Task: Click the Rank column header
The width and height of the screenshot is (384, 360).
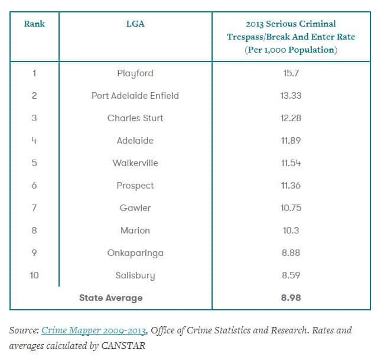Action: click(34, 24)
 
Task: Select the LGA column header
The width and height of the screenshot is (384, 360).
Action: click(135, 24)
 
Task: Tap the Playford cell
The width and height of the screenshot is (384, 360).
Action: click(135, 73)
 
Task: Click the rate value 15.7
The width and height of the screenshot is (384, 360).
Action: click(291, 73)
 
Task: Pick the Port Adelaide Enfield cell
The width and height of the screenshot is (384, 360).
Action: click(135, 96)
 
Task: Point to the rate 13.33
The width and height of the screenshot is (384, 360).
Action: click(291, 96)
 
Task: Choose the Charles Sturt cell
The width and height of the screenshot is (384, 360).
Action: click(135, 118)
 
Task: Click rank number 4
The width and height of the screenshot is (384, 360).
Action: click(34, 141)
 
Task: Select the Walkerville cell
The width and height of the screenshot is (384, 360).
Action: click(135, 163)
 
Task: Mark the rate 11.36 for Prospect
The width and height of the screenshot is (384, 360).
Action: click(291, 186)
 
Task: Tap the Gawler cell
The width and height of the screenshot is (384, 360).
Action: click(135, 208)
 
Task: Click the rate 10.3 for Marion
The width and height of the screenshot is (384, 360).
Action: click(291, 231)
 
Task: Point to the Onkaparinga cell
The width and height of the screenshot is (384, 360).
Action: click(135, 253)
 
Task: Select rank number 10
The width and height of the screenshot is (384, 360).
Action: click(34, 275)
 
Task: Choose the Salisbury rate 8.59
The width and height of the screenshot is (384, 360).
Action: click(291, 275)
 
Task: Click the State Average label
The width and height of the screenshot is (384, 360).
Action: click(111, 298)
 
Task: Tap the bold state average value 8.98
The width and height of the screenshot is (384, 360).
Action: click(291, 298)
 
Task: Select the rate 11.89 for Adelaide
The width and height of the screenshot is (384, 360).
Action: click(291, 141)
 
